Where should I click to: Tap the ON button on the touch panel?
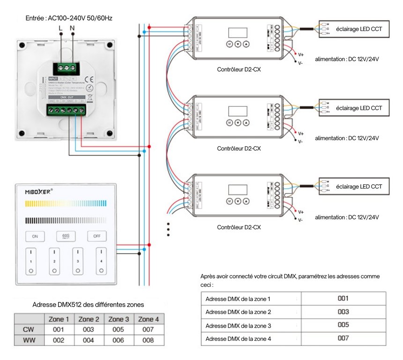tap(35, 236)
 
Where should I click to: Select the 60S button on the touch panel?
tap(66, 236)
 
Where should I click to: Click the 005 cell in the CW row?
tap(118, 330)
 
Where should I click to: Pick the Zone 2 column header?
tap(88, 319)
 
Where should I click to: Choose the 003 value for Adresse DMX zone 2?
tap(343, 312)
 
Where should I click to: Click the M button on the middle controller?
tap(230, 123)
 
